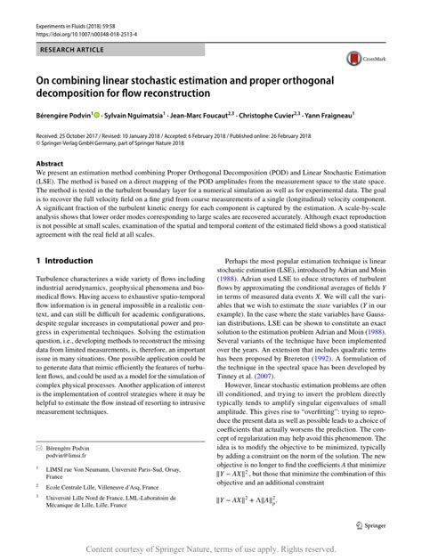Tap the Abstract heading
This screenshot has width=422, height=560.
49,164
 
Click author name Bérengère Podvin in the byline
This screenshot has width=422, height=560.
61,114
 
